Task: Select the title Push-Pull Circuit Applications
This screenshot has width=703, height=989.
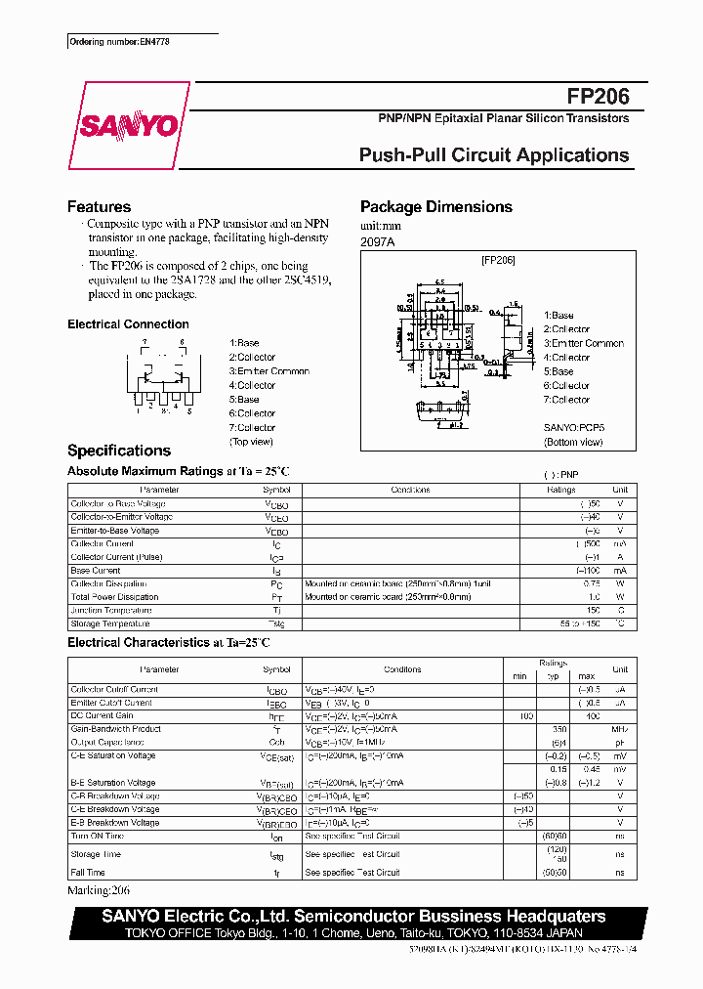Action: pyautogui.click(x=494, y=155)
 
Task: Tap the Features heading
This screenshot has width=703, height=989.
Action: pyautogui.click(x=99, y=207)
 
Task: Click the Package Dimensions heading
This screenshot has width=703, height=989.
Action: pyautogui.click(x=435, y=207)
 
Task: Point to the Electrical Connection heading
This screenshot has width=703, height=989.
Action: pyautogui.click(x=128, y=324)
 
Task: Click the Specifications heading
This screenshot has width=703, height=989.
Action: pyautogui.click(x=118, y=451)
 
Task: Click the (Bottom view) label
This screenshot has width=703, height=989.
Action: pyautogui.click(x=573, y=442)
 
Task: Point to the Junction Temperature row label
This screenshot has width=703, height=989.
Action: pyautogui.click(x=110, y=610)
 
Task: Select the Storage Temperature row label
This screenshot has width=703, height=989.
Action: pyautogui.click(x=110, y=623)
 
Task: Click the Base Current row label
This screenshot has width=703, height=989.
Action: pyautogui.click(x=96, y=570)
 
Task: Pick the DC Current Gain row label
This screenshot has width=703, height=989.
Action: pyautogui.click(x=103, y=715)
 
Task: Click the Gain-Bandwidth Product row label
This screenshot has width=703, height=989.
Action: pyautogui.click(x=115, y=729)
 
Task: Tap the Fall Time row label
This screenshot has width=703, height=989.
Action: pyautogui.click(x=88, y=872)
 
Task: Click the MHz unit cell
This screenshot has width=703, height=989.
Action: pyautogui.click(x=619, y=729)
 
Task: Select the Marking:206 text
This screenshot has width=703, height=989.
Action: pyautogui.click(x=99, y=891)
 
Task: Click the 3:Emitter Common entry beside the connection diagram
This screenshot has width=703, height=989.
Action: pyautogui.click(x=269, y=371)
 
